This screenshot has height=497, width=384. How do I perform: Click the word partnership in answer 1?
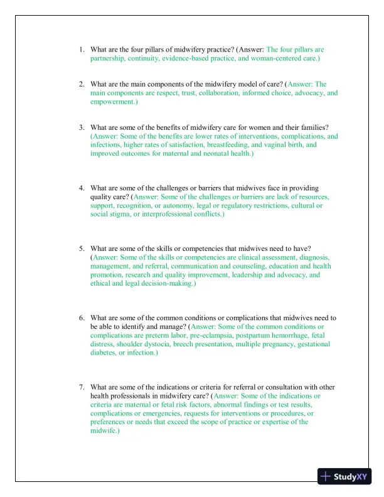pyautogui.click(x=107, y=58)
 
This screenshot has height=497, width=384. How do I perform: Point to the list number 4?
pyautogui.click(x=82, y=188)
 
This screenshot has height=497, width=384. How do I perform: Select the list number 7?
pyautogui.click(x=82, y=387)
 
